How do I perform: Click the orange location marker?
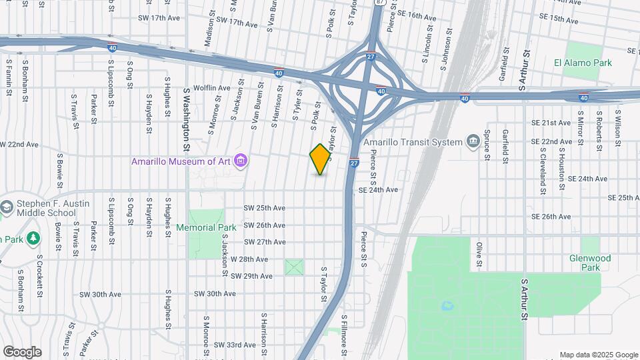point(320,159)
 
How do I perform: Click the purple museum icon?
point(241,161)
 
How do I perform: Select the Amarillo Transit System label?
point(413,142)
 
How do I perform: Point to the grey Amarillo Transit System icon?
point(473,141)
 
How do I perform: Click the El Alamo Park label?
point(583,63)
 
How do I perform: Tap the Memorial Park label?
point(206,227)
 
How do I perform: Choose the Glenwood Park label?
point(590,263)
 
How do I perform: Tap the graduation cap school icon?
point(6,207)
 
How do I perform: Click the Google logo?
point(22,352)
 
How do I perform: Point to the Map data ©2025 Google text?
point(598,355)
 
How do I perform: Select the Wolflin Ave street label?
point(211,88)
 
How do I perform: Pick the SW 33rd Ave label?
point(235,345)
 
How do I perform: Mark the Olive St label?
point(479,256)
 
